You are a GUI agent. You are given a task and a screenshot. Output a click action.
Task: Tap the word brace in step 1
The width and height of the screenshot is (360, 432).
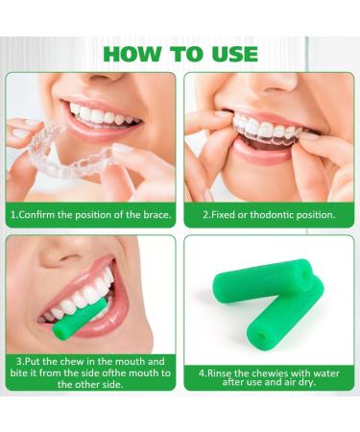(156, 215)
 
